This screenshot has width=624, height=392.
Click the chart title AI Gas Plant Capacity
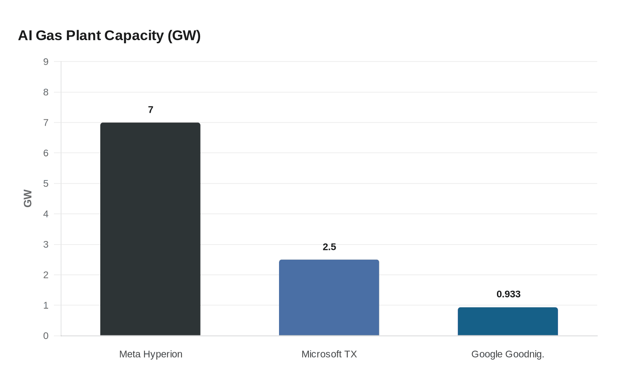coord(109,36)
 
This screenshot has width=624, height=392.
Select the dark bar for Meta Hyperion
coord(150,229)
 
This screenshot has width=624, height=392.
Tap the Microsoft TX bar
coord(329,298)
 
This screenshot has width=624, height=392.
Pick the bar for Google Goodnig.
coord(508,321)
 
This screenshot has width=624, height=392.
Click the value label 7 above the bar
coord(151,110)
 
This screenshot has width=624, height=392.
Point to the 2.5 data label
coord(329,247)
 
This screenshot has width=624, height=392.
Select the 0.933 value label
coord(509,294)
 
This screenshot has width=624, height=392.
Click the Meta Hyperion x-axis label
coord(151,354)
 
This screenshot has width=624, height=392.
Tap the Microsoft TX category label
coord(329,354)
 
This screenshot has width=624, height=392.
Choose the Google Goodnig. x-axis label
coord(508,354)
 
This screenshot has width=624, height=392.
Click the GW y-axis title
coord(28,199)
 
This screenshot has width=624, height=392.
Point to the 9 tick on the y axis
coord(46,62)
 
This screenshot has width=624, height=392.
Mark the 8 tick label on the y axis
coord(46,92)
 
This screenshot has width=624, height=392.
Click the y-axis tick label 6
coord(46,153)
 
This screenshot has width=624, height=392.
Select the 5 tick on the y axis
coord(46,184)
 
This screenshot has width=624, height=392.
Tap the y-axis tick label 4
coord(46,214)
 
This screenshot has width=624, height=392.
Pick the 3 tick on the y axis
coord(46,245)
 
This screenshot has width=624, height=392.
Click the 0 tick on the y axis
coord(46,336)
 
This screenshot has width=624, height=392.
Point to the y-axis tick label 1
coord(46,306)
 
